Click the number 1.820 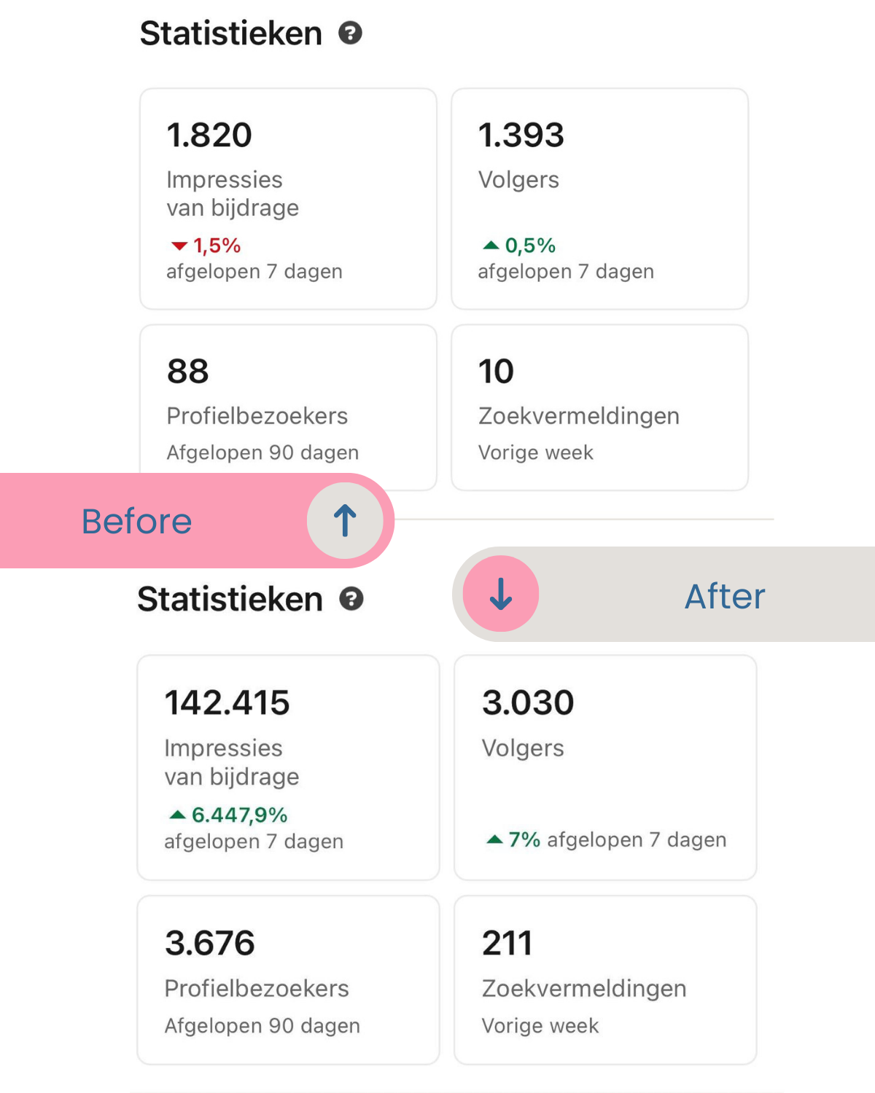[x=209, y=136]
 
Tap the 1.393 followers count [x=521, y=136]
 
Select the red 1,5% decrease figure [x=217, y=246]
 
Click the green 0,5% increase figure [x=530, y=246]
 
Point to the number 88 [x=188, y=372]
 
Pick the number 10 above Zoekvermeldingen [x=497, y=372]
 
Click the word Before [x=136, y=522]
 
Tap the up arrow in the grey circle [x=345, y=521]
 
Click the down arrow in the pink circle [x=501, y=594]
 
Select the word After [x=725, y=597]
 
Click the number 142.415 [x=227, y=703]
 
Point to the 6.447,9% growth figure [x=239, y=815]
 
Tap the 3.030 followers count [x=528, y=703]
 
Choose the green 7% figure [x=524, y=840]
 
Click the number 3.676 [x=210, y=944]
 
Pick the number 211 [x=507, y=944]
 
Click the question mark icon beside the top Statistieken [x=351, y=34]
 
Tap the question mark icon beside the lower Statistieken [x=351, y=599]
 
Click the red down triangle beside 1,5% [x=179, y=246]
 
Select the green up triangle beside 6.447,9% [x=177, y=814]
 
